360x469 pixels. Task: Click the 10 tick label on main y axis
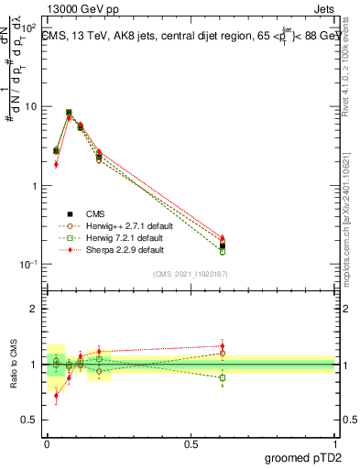30,106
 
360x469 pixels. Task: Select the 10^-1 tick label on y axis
28,264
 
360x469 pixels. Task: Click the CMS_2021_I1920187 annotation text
190,274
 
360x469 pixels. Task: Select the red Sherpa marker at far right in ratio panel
223,346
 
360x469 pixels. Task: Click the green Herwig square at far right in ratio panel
223,377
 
